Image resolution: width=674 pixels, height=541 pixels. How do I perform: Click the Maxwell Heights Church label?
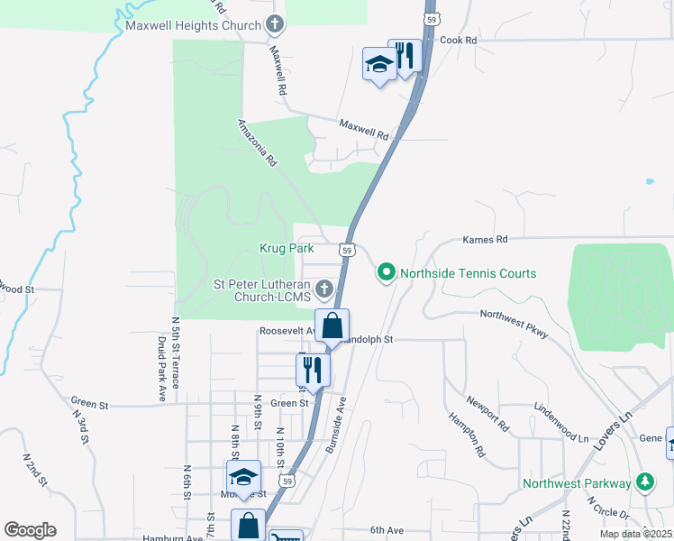pos(193,25)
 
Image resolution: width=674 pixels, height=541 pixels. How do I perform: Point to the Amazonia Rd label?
pos(256,142)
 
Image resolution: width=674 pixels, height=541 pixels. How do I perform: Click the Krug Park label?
pos(287,248)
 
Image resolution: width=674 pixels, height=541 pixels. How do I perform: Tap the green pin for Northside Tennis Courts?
pos(387,271)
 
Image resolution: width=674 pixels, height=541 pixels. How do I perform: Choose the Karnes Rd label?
pos(485,240)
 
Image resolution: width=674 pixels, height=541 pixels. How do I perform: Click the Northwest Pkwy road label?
pos(514,323)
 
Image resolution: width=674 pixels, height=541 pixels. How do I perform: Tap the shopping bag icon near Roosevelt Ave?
pos(332,326)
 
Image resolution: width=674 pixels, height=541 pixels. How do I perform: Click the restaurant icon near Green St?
pos(313,369)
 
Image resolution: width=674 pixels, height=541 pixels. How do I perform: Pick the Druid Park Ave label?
pos(161,369)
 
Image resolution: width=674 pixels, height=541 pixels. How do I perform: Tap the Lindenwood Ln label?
pos(560,426)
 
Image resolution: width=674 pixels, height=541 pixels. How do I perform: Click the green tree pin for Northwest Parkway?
pos(643,481)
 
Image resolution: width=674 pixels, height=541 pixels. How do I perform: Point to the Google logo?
pos(30,530)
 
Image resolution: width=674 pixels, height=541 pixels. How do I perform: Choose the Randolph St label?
pos(367,340)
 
